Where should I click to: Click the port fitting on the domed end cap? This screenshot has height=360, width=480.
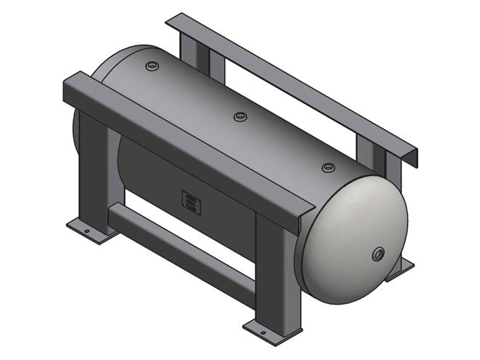click(x=378, y=254)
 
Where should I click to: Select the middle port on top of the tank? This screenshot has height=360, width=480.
click(x=240, y=116)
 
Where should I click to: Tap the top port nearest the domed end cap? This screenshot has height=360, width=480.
click(x=328, y=167)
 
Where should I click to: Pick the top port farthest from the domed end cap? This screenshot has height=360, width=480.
click(x=151, y=66)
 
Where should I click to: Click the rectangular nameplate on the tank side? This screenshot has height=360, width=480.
click(x=191, y=202)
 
